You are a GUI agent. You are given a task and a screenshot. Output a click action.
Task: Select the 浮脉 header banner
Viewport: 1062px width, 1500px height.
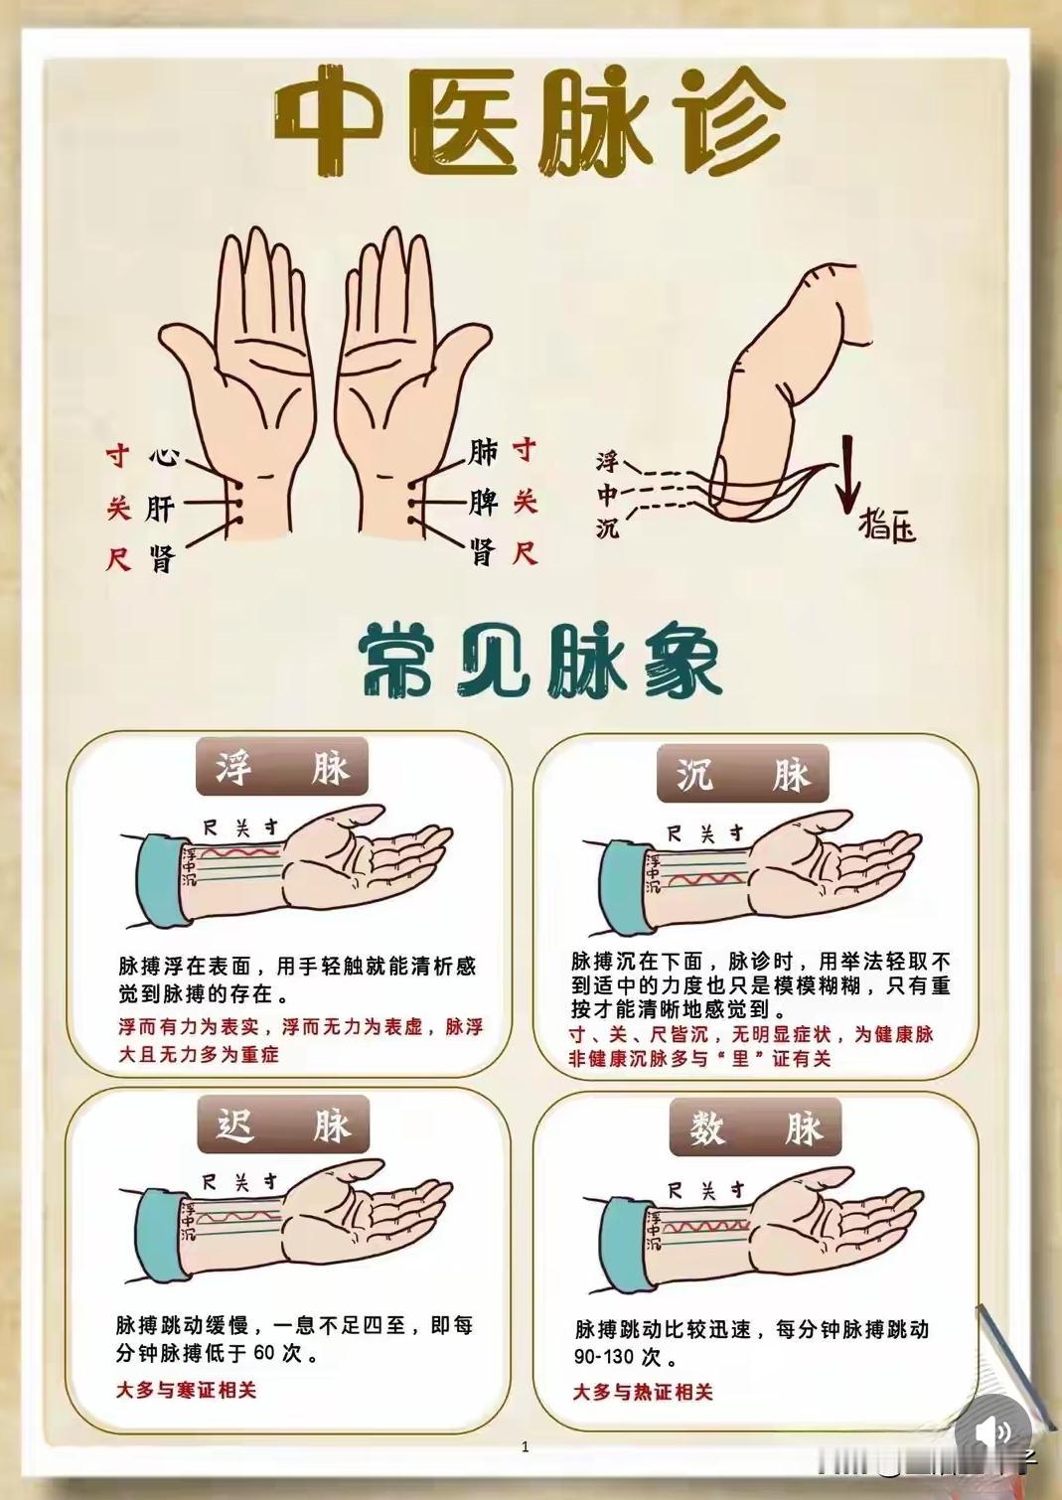click(x=282, y=768)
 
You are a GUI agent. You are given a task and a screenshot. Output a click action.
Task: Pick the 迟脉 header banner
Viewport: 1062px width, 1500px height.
click(x=283, y=1125)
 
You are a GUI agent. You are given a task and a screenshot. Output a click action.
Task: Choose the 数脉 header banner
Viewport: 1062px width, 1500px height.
click(x=754, y=1129)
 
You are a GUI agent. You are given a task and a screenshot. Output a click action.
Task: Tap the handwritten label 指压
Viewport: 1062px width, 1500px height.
click(x=887, y=525)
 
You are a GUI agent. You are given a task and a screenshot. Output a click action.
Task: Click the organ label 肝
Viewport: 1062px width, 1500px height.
click(x=161, y=509)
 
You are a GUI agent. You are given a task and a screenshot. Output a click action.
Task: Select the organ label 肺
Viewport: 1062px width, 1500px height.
click(x=483, y=452)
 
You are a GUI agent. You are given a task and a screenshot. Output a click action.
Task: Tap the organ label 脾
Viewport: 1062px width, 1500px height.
click(x=484, y=502)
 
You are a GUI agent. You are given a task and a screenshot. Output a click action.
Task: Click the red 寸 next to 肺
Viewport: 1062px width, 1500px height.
click(x=525, y=450)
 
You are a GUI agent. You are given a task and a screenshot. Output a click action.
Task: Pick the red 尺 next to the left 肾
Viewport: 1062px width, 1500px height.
click(x=118, y=559)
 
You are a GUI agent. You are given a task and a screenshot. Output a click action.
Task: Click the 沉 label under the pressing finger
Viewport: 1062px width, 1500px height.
click(x=607, y=528)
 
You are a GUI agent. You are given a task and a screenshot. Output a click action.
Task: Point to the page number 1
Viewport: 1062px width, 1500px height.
click(x=526, y=1447)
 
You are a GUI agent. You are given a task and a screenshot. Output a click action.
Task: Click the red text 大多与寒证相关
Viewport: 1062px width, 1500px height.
click(x=186, y=1390)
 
